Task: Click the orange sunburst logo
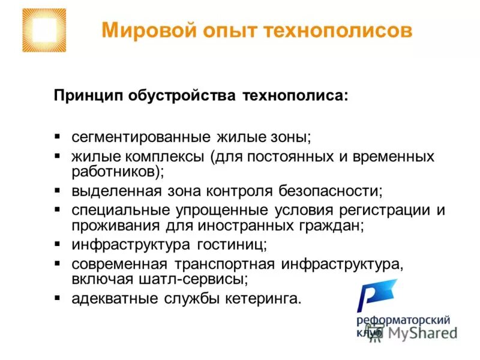click(x=44, y=30)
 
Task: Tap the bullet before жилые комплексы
click(x=57, y=156)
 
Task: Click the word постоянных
click(x=318, y=157)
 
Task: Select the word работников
click(x=113, y=172)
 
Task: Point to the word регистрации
click(x=374, y=211)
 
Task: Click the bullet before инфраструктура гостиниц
click(x=57, y=245)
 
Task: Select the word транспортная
click(x=225, y=265)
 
